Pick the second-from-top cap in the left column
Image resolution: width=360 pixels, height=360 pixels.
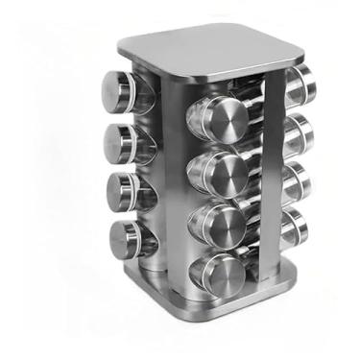pos(116,141)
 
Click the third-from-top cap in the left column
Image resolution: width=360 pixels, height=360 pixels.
pos(118,189)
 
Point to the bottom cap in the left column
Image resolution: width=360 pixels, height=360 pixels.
pos(124,237)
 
